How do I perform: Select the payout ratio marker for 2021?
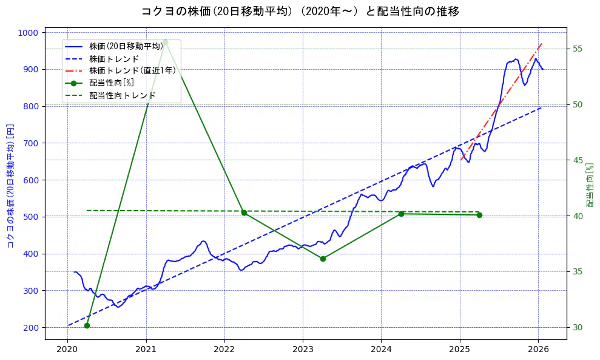click(165, 41)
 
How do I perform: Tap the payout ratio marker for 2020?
click(87, 326)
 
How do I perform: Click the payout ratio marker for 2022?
click(244, 212)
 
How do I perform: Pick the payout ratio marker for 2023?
click(323, 259)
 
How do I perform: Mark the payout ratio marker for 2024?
click(401, 214)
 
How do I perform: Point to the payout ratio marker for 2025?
click(479, 215)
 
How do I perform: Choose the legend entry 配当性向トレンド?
click(122, 95)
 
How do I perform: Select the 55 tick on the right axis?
click(577, 49)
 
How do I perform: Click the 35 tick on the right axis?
click(577, 271)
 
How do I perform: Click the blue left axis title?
click(10, 186)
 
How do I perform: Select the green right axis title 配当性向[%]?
click(590, 186)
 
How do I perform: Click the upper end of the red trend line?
click(542, 43)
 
